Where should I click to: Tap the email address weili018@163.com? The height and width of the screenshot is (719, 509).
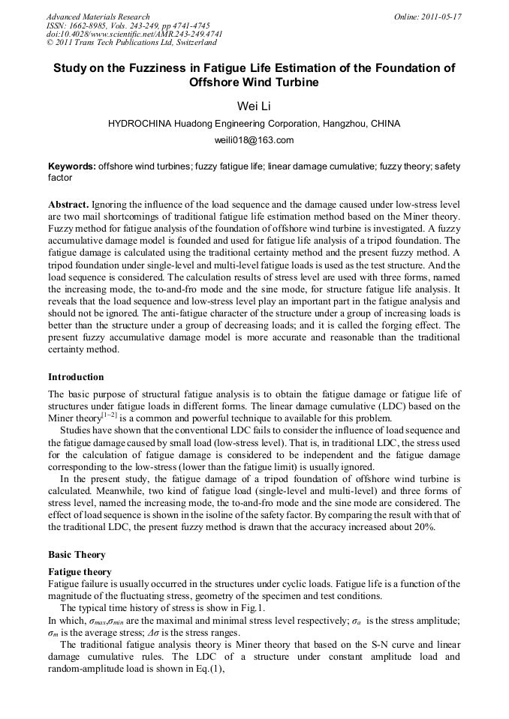(x=254, y=140)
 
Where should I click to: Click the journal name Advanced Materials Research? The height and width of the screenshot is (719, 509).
(x=98, y=16)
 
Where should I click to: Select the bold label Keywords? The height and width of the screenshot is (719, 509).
(x=72, y=166)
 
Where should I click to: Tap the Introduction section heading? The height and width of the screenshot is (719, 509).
(x=76, y=377)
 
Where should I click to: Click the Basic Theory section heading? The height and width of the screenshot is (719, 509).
(x=77, y=555)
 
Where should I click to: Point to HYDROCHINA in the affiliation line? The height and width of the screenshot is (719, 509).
(x=142, y=123)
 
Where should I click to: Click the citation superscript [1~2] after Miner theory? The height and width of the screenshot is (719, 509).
(x=109, y=415)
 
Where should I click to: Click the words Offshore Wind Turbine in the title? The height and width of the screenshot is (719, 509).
(x=254, y=82)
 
